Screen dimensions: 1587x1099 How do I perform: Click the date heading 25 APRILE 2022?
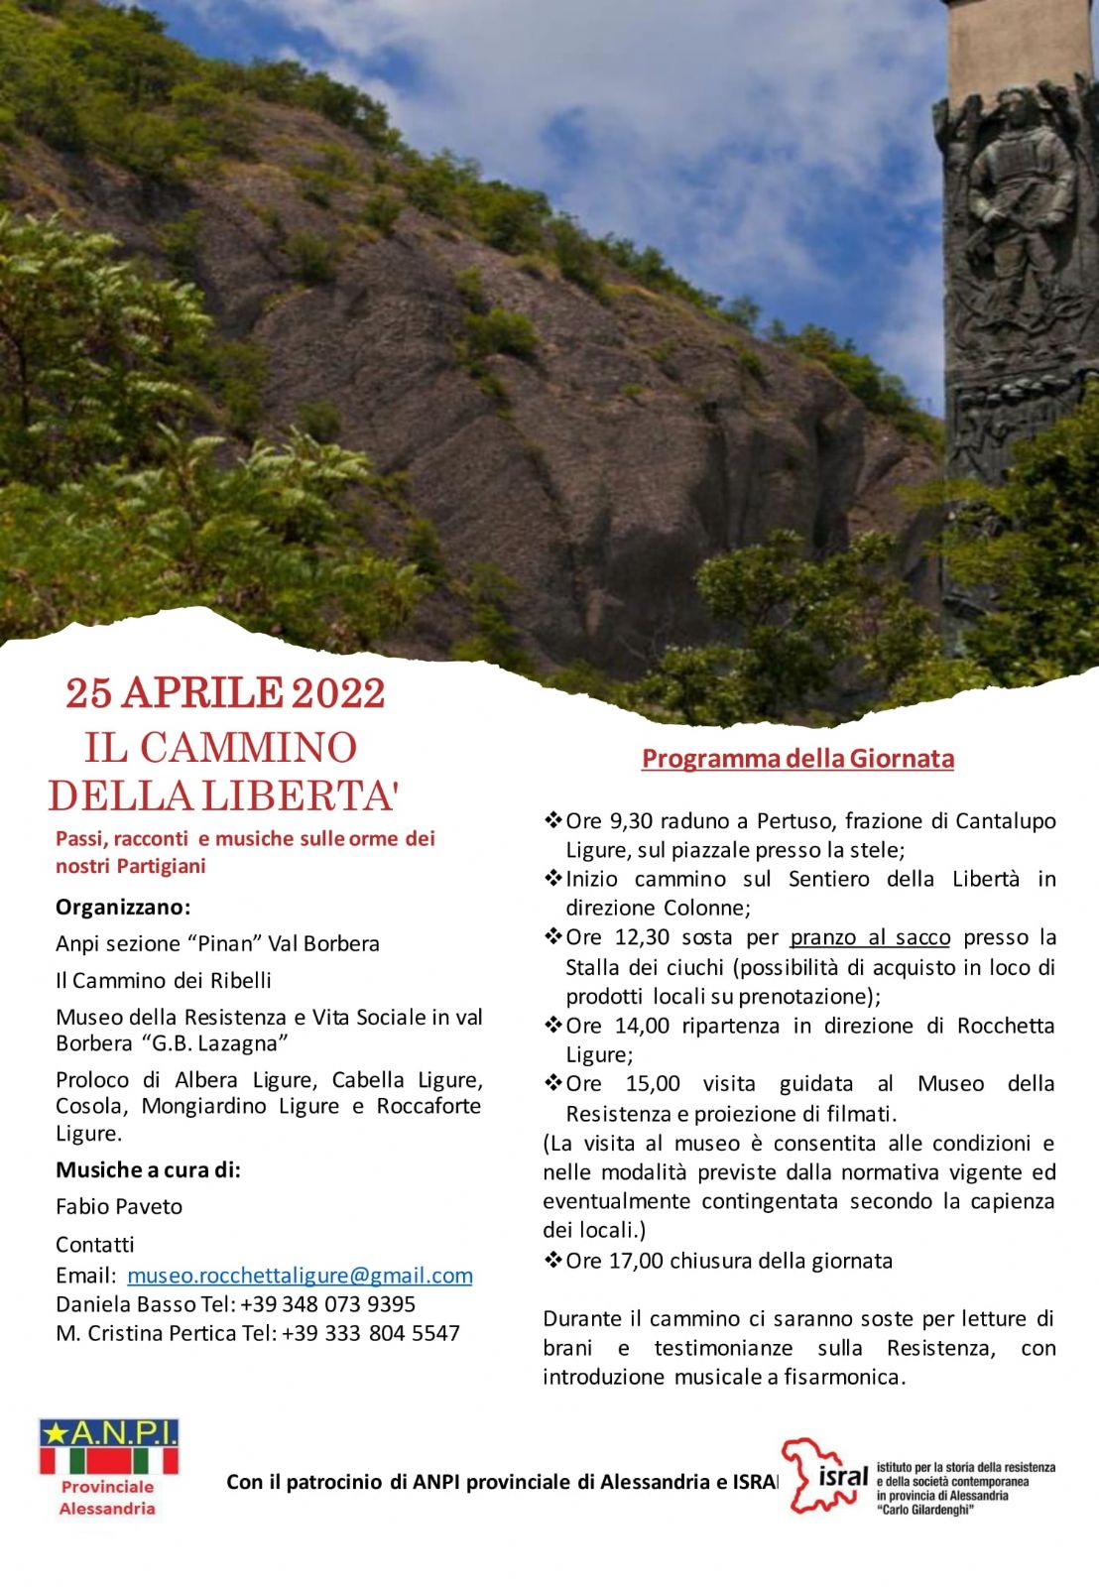[x=225, y=694]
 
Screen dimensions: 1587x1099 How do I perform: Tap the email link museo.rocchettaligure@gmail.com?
[x=300, y=1276]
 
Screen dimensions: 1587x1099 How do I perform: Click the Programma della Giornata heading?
[x=797, y=759]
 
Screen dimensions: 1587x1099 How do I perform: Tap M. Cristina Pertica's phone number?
[x=371, y=1333]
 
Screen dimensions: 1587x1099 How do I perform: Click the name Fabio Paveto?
[x=119, y=1207]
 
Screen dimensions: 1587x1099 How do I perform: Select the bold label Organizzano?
[x=123, y=908]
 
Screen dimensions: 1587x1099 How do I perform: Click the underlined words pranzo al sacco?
[x=870, y=937]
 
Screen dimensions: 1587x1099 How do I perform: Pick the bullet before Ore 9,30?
[x=552, y=821]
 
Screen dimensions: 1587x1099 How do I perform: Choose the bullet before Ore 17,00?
[x=552, y=1261]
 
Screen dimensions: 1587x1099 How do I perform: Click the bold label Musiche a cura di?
[x=148, y=1170]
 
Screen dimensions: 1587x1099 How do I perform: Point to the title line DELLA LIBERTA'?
[x=223, y=795]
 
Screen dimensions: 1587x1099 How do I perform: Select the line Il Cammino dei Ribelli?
[x=164, y=981]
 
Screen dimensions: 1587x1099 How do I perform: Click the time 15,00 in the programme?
[x=653, y=1084]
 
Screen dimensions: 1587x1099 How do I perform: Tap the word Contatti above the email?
[x=94, y=1245]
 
